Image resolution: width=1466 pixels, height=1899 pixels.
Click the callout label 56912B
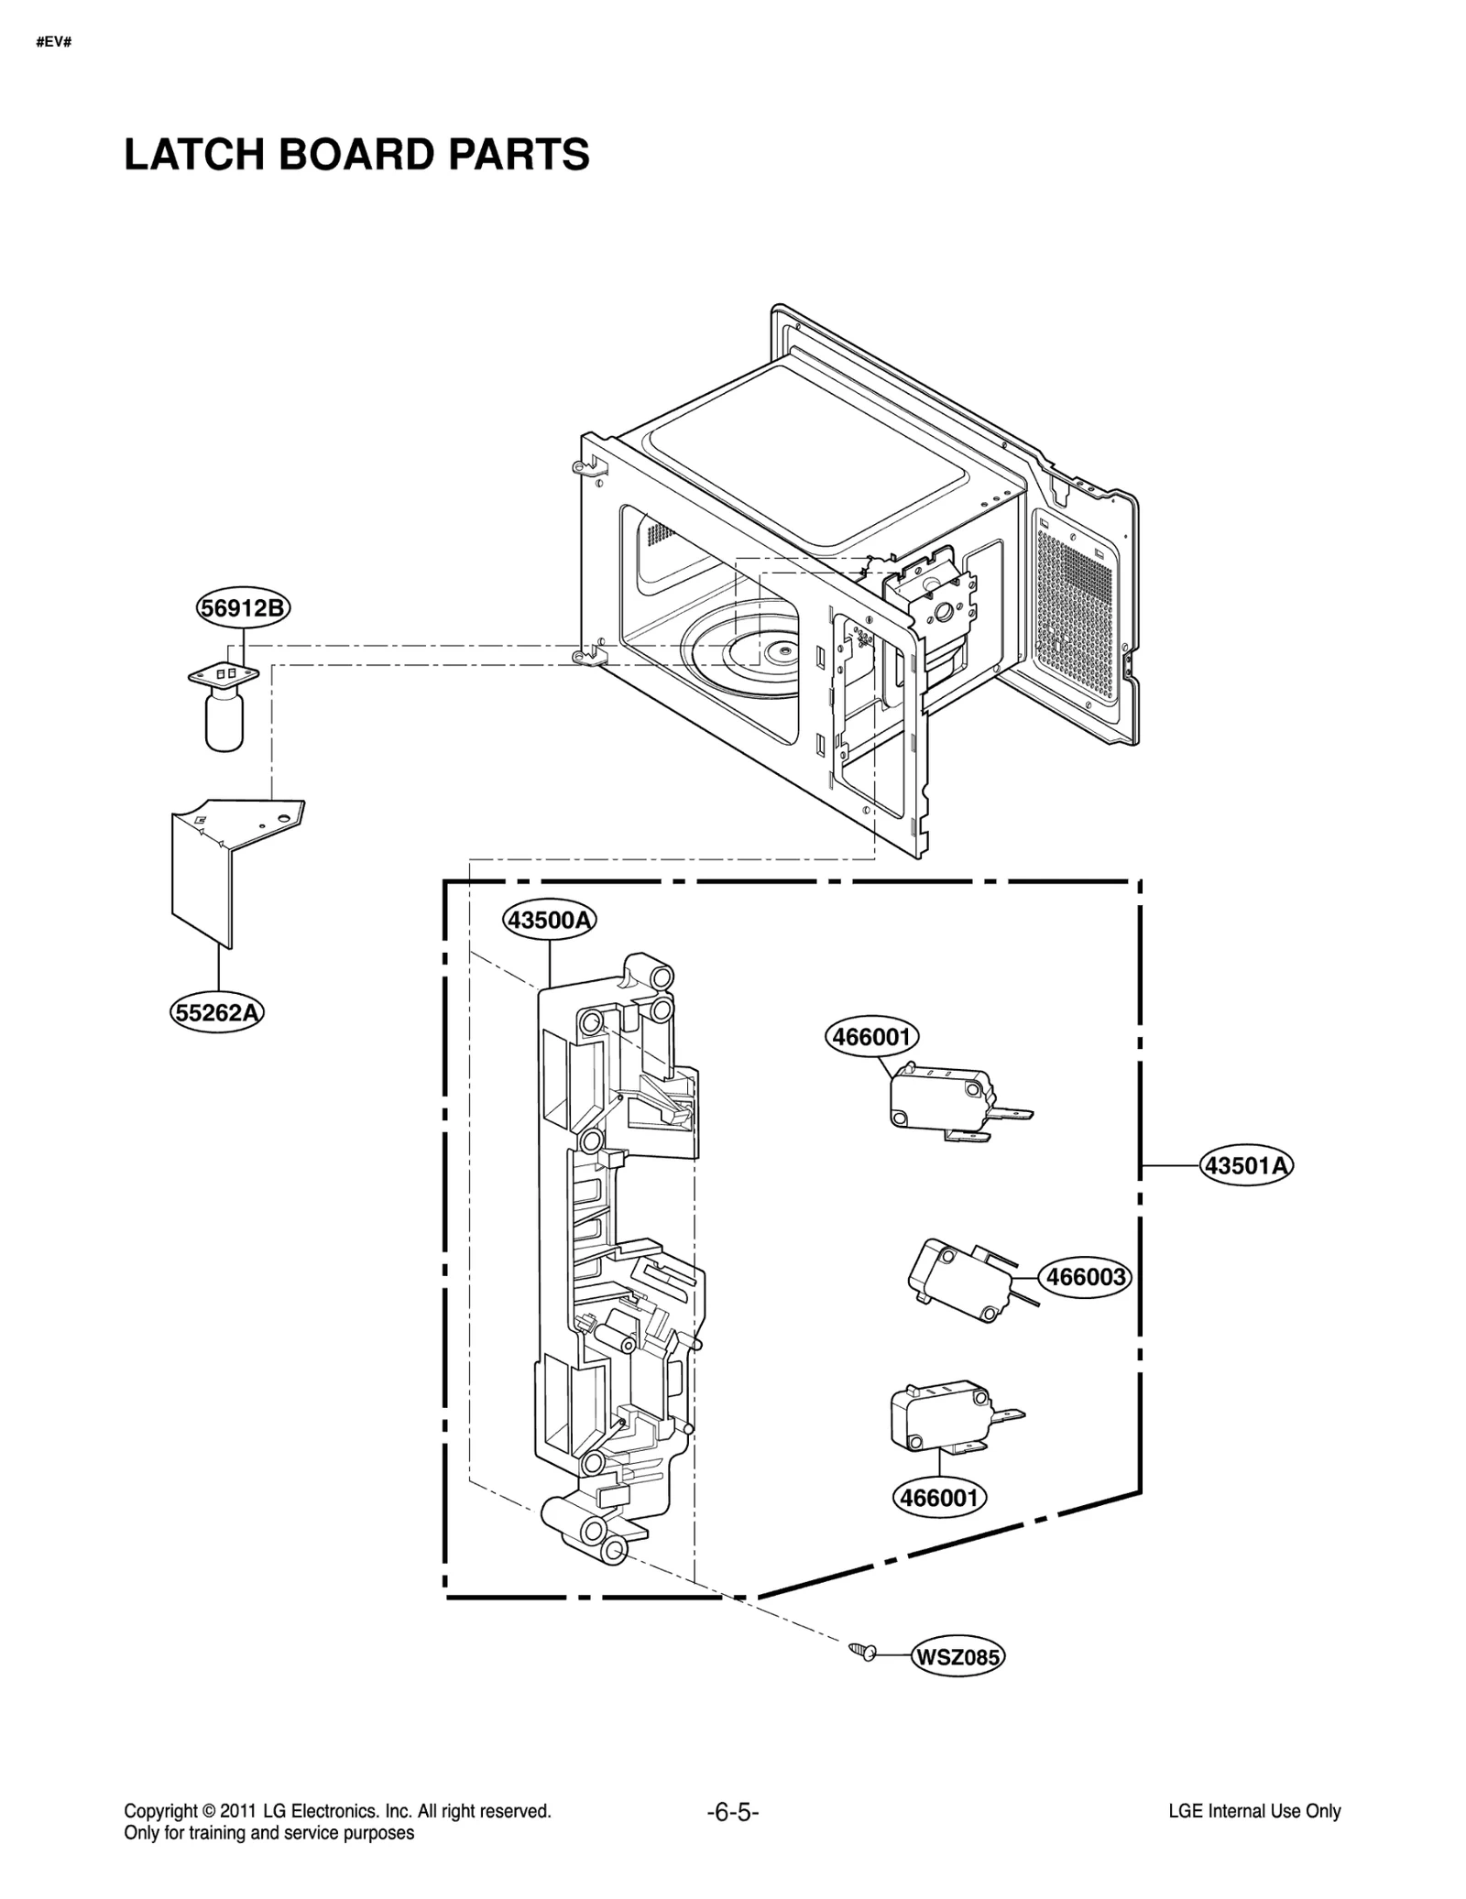click(243, 608)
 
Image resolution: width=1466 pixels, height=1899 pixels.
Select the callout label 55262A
click(218, 1012)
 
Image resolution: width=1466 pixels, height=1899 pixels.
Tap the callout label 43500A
click(549, 920)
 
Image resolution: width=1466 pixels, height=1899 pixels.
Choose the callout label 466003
click(1085, 1276)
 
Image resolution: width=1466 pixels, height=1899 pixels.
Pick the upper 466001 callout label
click(871, 1037)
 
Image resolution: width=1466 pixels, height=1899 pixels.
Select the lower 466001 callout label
click(939, 1498)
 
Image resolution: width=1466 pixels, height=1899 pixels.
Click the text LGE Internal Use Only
click(1254, 1811)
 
